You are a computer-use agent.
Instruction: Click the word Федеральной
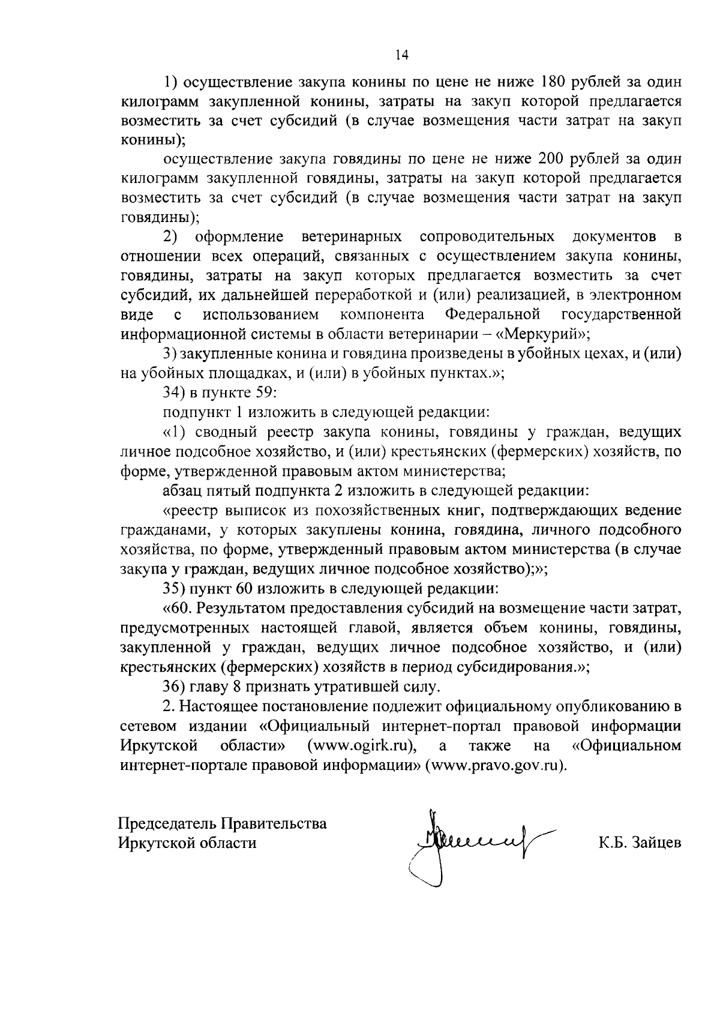tap(493, 314)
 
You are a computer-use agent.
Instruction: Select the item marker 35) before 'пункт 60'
tap(175, 588)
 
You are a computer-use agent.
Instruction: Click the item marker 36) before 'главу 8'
tap(175, 686)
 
